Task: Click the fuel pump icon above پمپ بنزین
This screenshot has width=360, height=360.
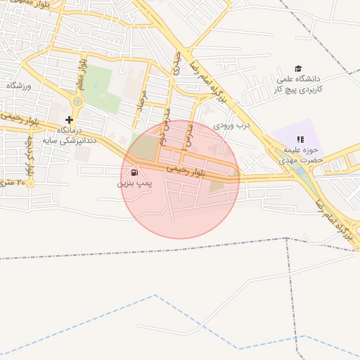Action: tap(134, 172)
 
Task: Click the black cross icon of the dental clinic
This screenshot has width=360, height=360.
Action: tap(69, 120)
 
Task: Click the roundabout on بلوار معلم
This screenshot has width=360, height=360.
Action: tap(77, 102)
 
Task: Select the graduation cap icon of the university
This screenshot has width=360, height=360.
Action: tap(298, 68)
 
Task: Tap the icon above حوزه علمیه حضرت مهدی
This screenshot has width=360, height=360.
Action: tap(301, 139)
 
